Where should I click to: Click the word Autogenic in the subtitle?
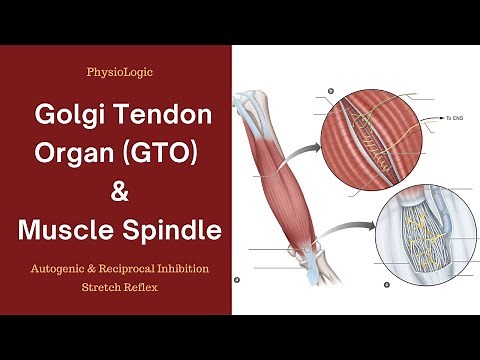pyautogui.click(x=67, y=269)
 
